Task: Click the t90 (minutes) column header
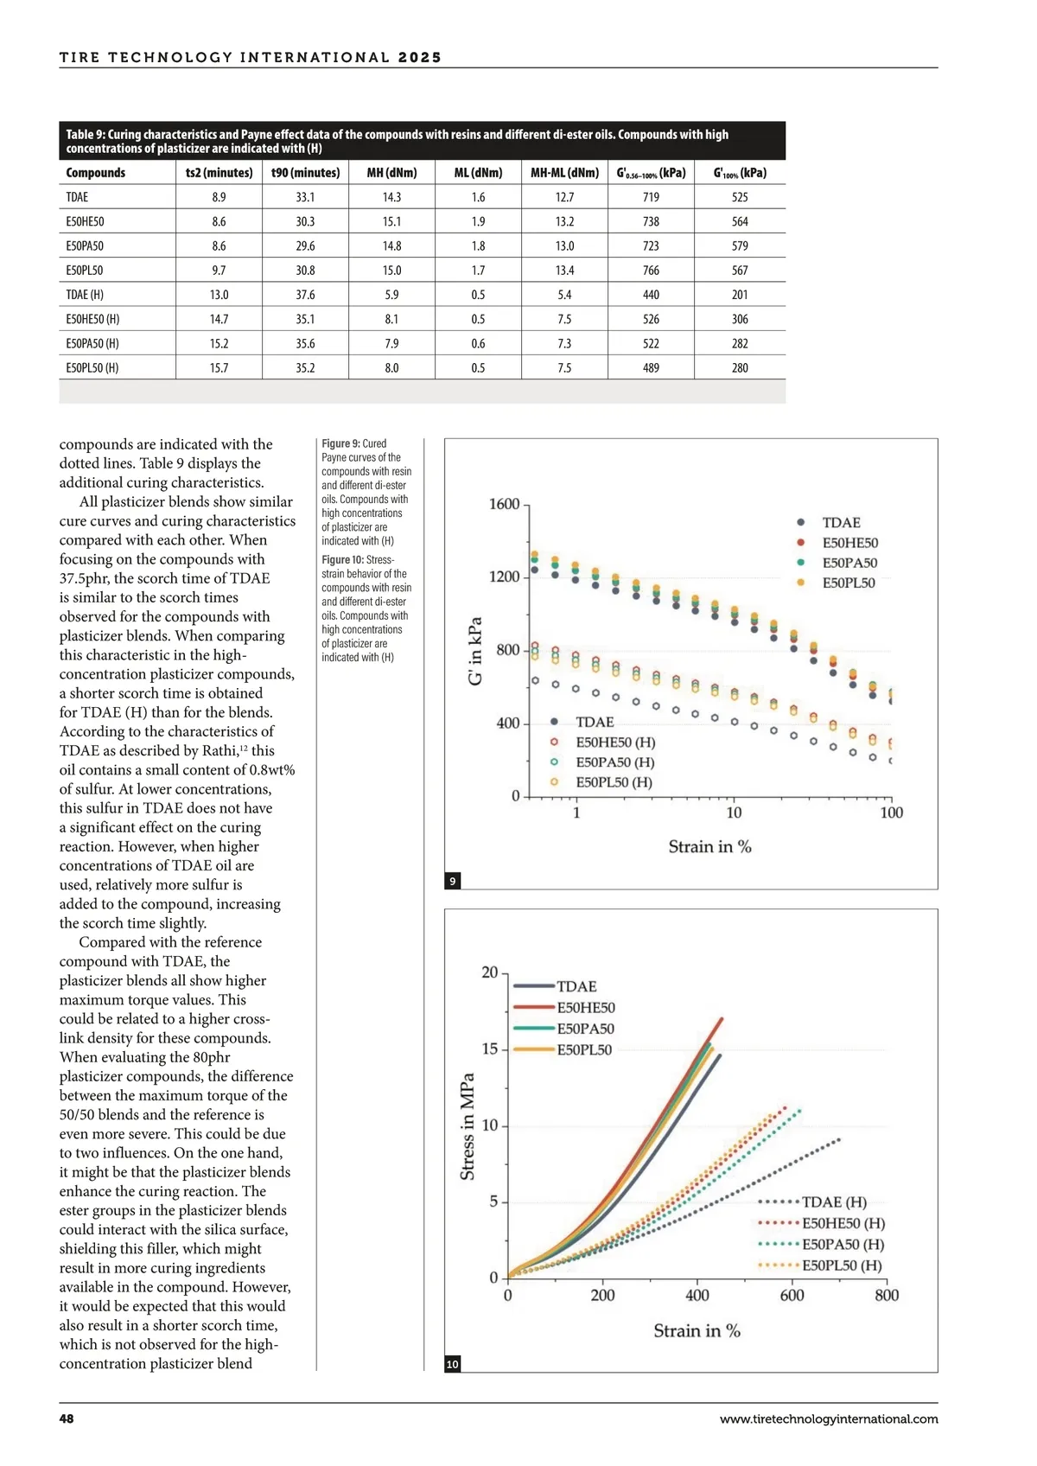305,173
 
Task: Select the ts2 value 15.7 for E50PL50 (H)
219,368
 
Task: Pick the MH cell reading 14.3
391,197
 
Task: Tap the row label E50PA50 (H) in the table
92,344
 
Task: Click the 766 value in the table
651,271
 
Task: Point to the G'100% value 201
740,295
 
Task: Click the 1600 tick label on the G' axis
504,505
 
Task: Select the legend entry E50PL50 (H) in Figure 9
614,783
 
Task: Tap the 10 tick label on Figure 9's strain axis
734,813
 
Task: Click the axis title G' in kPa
475,651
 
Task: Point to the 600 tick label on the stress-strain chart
792,1296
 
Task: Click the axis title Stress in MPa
468,1126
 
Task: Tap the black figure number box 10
452,1364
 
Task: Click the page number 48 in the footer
67,1419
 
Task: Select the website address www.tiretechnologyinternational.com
828,1419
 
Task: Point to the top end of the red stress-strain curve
722,1019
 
